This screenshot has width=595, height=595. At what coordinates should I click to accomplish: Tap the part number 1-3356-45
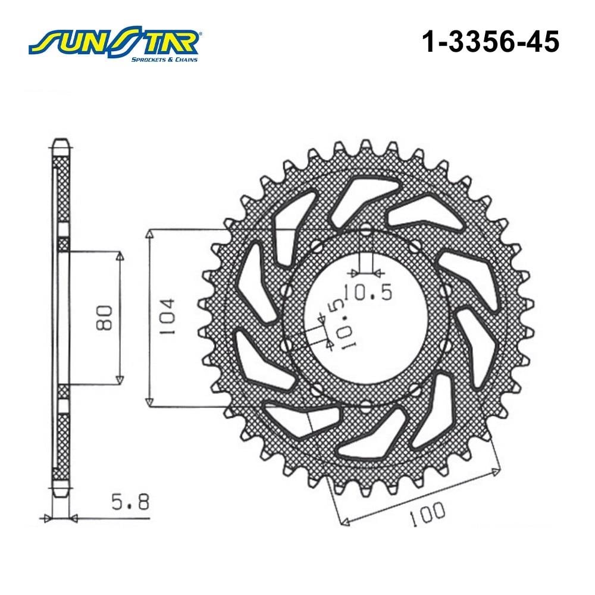(x=490, y=42)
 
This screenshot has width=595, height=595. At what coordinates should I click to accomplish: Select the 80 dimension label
(x=104, y=318)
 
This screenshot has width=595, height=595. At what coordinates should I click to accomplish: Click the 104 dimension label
(x=167, y=317)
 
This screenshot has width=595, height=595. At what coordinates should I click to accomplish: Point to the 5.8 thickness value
(x=130, y=502)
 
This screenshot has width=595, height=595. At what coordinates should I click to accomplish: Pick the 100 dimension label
(x=427, y=514)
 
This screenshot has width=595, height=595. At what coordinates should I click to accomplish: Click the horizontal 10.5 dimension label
(x=368, y=292)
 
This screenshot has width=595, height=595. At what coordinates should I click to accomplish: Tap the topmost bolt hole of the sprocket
(x=366, y=229)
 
